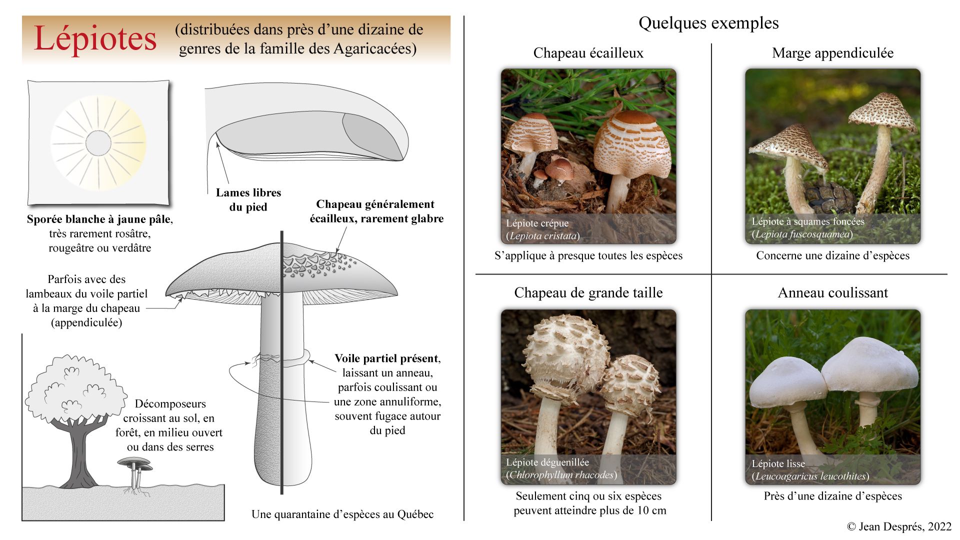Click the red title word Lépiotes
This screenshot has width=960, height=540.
pos(95,39)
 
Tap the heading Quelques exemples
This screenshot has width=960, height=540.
pos(708,23)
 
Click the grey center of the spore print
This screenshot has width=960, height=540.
pos(98,143)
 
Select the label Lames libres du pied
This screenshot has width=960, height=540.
pos(248,199)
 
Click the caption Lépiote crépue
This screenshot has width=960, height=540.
pos(537,223)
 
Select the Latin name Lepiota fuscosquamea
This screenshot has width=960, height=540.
pos(802,234)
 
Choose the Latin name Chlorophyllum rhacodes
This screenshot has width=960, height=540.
pos(561,475)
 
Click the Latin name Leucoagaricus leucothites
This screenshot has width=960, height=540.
pos(810,476)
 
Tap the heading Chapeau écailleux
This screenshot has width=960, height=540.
pos(588,53)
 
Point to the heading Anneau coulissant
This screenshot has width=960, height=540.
pos(832,293)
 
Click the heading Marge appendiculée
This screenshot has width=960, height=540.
pos(832,53)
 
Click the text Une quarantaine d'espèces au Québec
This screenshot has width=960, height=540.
pos(342,514)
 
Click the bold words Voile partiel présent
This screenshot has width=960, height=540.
pos(387,358)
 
